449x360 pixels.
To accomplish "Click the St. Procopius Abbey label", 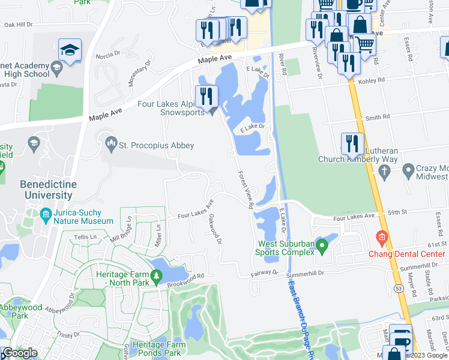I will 156,145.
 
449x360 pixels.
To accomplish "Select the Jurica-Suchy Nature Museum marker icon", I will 46,214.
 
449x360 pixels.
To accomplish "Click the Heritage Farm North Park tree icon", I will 157,276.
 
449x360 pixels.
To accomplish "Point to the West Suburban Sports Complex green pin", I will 322,245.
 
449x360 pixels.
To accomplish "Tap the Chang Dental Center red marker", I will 380,238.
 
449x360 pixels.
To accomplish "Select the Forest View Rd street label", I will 245,190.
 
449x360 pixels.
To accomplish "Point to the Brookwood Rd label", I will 186,277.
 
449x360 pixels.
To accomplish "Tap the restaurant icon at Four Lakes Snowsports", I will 206,96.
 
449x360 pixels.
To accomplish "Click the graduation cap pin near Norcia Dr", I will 70,49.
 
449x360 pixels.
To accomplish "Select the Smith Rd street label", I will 378,117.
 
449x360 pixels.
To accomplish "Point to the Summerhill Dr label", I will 306,273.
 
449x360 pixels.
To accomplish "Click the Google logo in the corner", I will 20,353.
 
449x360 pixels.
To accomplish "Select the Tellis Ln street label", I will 85,237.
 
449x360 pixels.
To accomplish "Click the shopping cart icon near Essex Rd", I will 364,43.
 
